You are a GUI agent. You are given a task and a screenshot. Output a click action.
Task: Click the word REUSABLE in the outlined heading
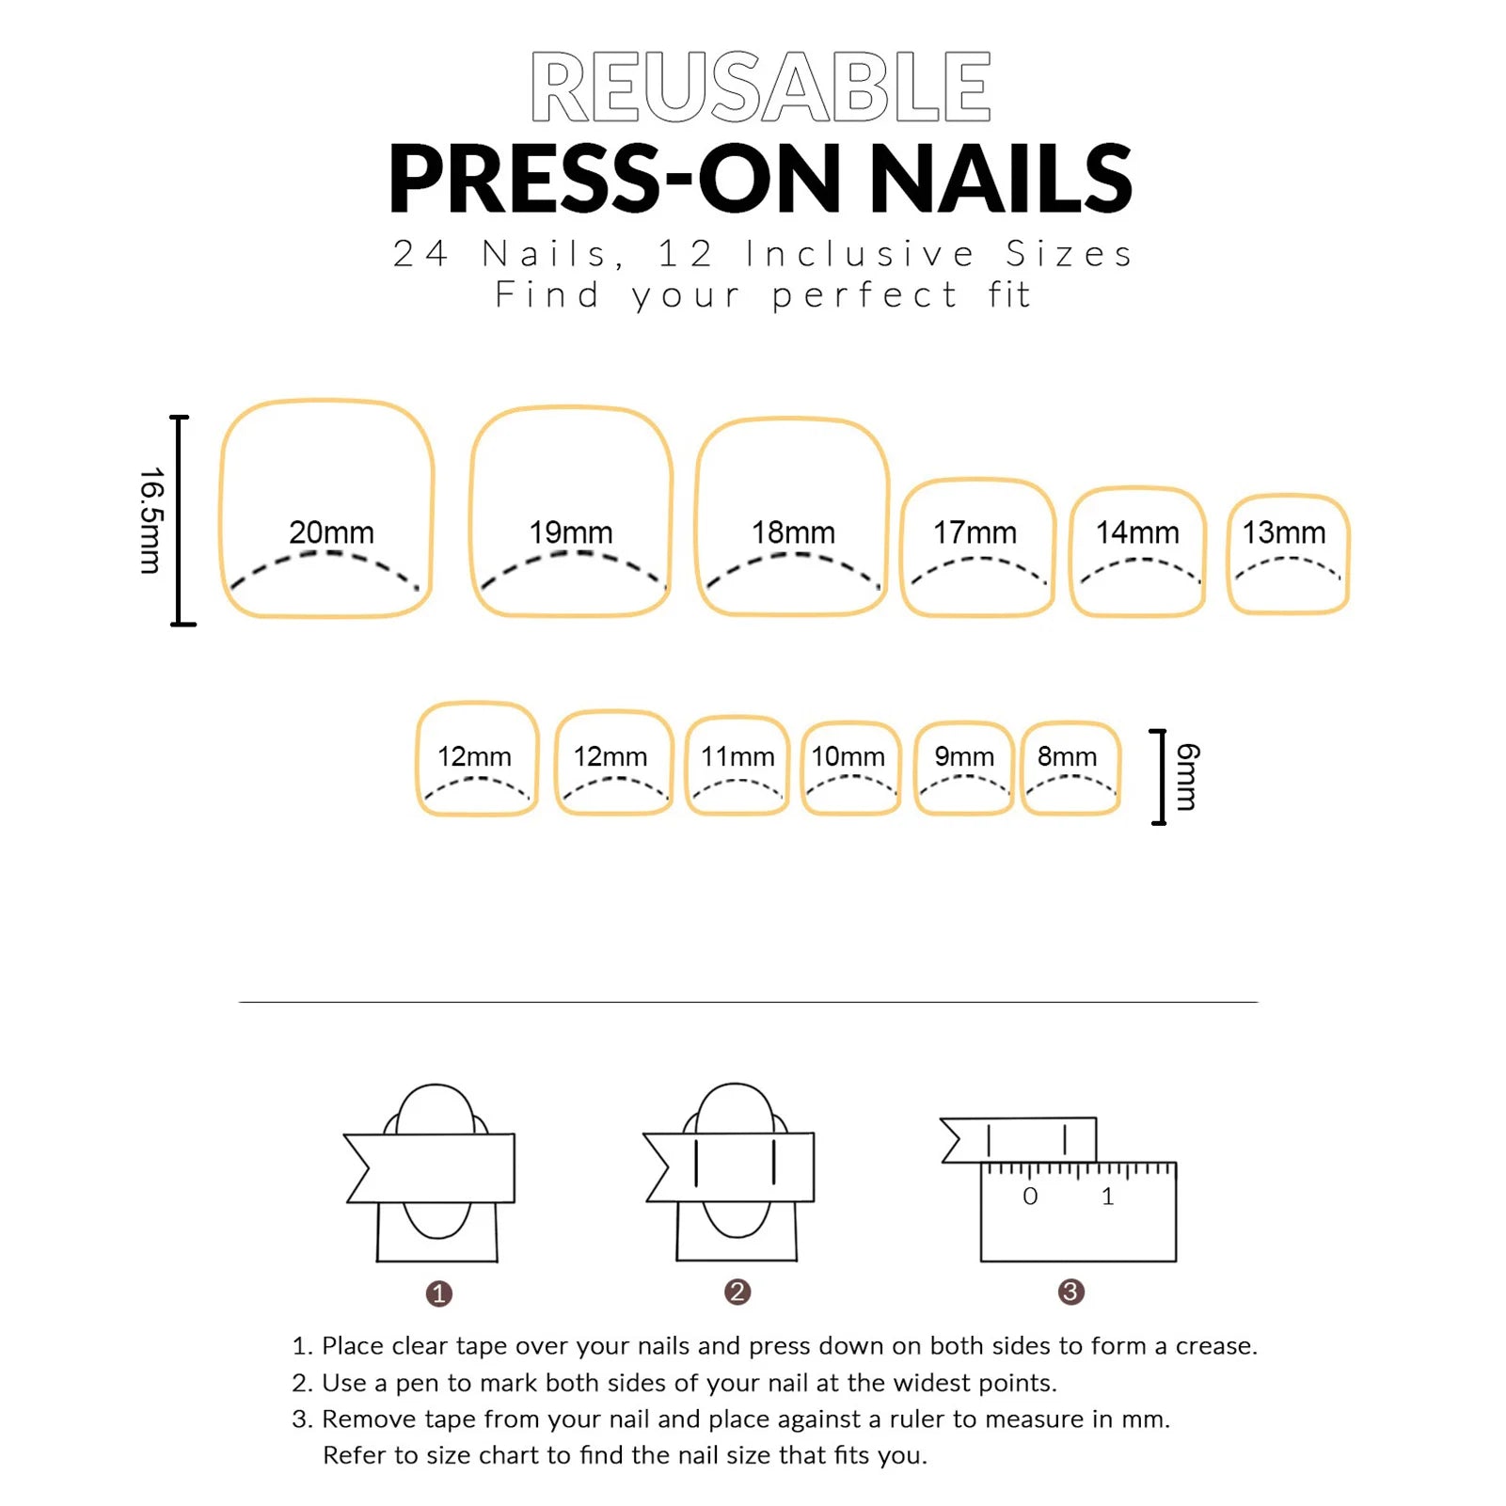click(x=760, y=87)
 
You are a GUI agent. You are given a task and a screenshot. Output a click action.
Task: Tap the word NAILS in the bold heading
click(x=1001, y=178)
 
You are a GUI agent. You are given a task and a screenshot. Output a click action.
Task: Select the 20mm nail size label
click(x=331, y=532)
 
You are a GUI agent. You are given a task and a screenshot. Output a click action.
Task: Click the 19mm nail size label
click(x=570, y=532)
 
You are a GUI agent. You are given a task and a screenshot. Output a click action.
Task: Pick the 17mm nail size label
click(x=975, y=532)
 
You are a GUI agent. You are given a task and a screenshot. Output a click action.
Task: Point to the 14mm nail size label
click(x=1137, y=532)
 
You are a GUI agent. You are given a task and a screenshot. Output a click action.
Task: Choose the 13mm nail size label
click(x=1284, y=532)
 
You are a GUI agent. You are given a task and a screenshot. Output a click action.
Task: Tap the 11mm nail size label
click(x=737, y=756)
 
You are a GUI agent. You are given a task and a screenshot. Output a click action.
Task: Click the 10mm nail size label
click(x=848, y=756)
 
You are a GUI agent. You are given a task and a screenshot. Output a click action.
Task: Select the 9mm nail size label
click(x=964, y=756)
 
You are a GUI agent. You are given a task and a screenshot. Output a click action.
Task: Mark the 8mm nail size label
click(x=1067, y=756)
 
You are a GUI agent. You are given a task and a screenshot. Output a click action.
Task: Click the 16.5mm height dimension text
click(x=151, y=520)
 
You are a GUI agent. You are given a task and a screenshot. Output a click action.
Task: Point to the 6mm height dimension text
click(x=1188, y=777)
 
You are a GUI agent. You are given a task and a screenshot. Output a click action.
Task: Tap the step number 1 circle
click(x=439, y=1293)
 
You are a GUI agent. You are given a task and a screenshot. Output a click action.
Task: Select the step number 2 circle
click(x=737, y=1292)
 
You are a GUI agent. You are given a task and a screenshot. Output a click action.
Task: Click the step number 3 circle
click(x=1070, y=1292)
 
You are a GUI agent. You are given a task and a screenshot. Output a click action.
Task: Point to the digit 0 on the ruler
click(x=1030, y=1197)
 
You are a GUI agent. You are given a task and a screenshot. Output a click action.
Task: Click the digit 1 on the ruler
click(x=1107, y=1197)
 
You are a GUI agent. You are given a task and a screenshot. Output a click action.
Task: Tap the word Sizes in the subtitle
click(x=1070, y=254)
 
